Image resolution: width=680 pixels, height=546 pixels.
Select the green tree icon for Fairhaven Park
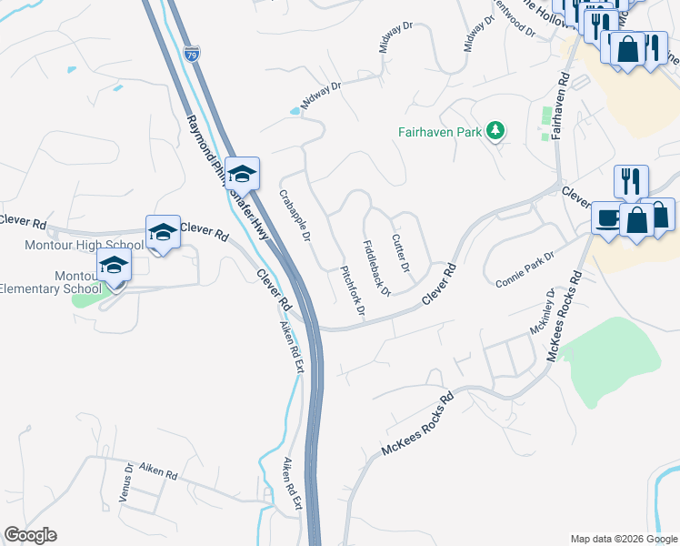tap(495, 131)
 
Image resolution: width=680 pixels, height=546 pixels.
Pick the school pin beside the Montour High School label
tap(163, 231)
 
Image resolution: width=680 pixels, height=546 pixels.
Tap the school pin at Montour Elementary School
tap(114, 266)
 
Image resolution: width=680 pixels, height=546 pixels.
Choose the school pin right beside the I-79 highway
tap(242, 173)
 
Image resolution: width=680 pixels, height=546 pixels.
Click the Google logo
tap(30, 535)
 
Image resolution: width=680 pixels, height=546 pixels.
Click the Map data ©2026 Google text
tap(623, 538)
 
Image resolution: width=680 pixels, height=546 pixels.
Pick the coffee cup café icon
tap(606, 218)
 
